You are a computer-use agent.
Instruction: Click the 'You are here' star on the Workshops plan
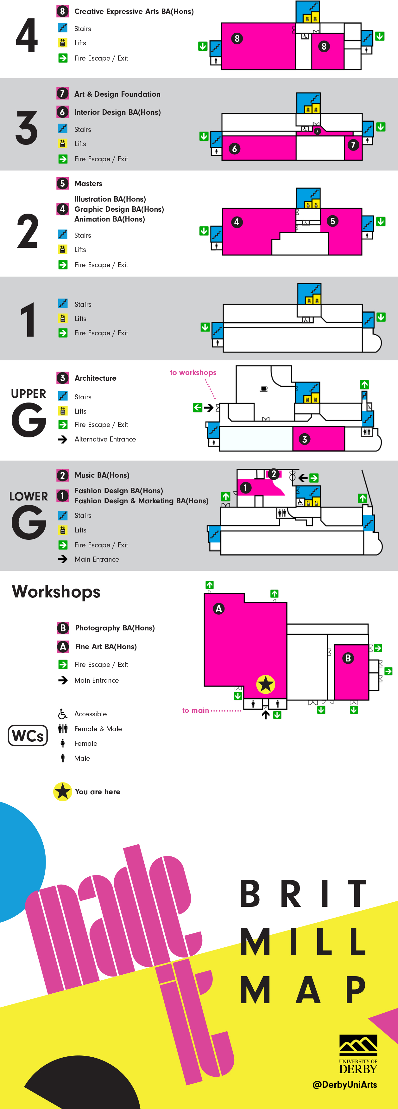coord(265,684)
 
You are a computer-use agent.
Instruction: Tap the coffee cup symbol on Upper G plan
coord(264,389)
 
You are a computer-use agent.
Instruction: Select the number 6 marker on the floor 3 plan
coord(235,149)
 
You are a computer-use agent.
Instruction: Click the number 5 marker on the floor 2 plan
coord(332,221)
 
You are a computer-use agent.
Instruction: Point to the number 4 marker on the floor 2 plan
coord(237,222)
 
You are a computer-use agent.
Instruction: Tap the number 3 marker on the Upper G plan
coord(305,439)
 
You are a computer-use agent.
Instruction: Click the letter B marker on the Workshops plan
coord(348,658)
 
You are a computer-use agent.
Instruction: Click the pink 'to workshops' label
coord(193,372)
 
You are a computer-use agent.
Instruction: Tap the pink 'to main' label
coord(195,710)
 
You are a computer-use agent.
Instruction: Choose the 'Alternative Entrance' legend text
coord(105,439)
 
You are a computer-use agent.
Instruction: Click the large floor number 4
coord(27,36)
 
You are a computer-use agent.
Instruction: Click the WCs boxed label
coord(28,735)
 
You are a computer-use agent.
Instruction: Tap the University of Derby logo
coord(358,1054)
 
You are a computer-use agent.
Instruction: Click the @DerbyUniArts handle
coord(344,1085)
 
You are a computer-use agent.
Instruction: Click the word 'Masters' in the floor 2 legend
coord(88,184)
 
